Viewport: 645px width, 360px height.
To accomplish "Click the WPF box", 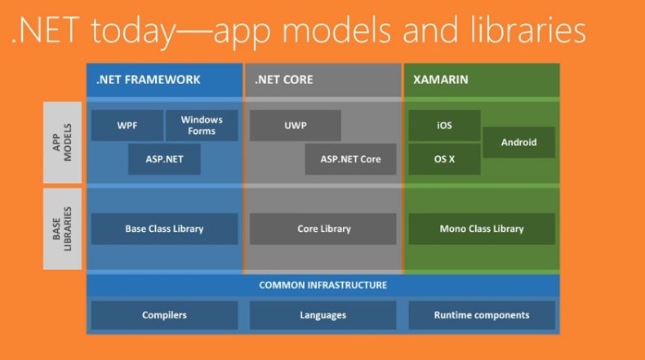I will click(x=127, y=126).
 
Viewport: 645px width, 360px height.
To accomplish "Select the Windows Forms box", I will click(x=202, y=126).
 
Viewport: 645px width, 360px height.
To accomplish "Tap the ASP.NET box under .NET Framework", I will click(x=164, y=159).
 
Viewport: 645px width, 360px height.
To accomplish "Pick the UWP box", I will click(x=296, y=126).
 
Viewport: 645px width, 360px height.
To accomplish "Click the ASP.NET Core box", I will click(x=351, y=159).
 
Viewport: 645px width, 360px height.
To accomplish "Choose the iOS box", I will click(x=444, y=126).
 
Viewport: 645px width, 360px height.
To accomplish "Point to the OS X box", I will click(x=444, y=159).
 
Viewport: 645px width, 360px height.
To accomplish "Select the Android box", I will click(x=519, y=142).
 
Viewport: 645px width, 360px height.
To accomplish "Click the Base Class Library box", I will click(x=164, y=229).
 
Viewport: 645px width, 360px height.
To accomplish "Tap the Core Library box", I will click(x=323, y=229).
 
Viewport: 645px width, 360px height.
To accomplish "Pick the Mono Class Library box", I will click(x=482, y=229).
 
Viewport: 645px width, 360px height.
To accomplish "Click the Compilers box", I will click(x=164, y=315).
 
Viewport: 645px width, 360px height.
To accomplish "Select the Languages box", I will click(x=323, y=315).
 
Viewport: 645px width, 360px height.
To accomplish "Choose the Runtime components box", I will click(x=482, y=315).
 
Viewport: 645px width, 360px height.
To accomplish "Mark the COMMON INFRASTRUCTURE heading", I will click(x=323, y=285).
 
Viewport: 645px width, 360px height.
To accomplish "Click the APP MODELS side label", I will click(x=62, y=142).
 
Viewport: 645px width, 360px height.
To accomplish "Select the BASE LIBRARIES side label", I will click(x=62, y=229).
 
